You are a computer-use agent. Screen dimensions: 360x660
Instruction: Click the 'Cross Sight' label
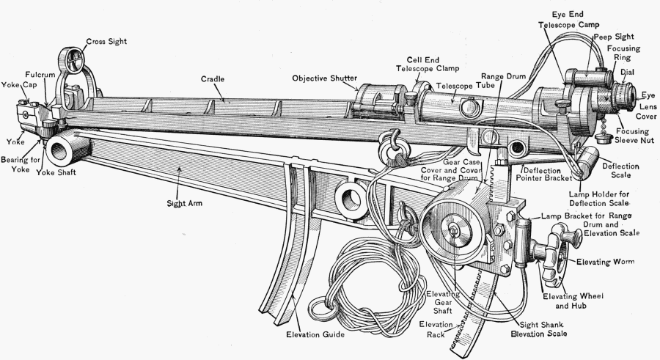point(106,42)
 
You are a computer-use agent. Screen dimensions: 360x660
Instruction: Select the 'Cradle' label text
point(213,78)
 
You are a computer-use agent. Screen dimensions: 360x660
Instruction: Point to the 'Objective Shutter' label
point(324,78)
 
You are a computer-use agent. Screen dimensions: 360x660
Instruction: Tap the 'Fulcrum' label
point(38,75)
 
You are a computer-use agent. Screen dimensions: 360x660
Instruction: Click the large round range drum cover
point(453,230)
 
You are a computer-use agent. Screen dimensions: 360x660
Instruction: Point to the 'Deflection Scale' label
point(620,171)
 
